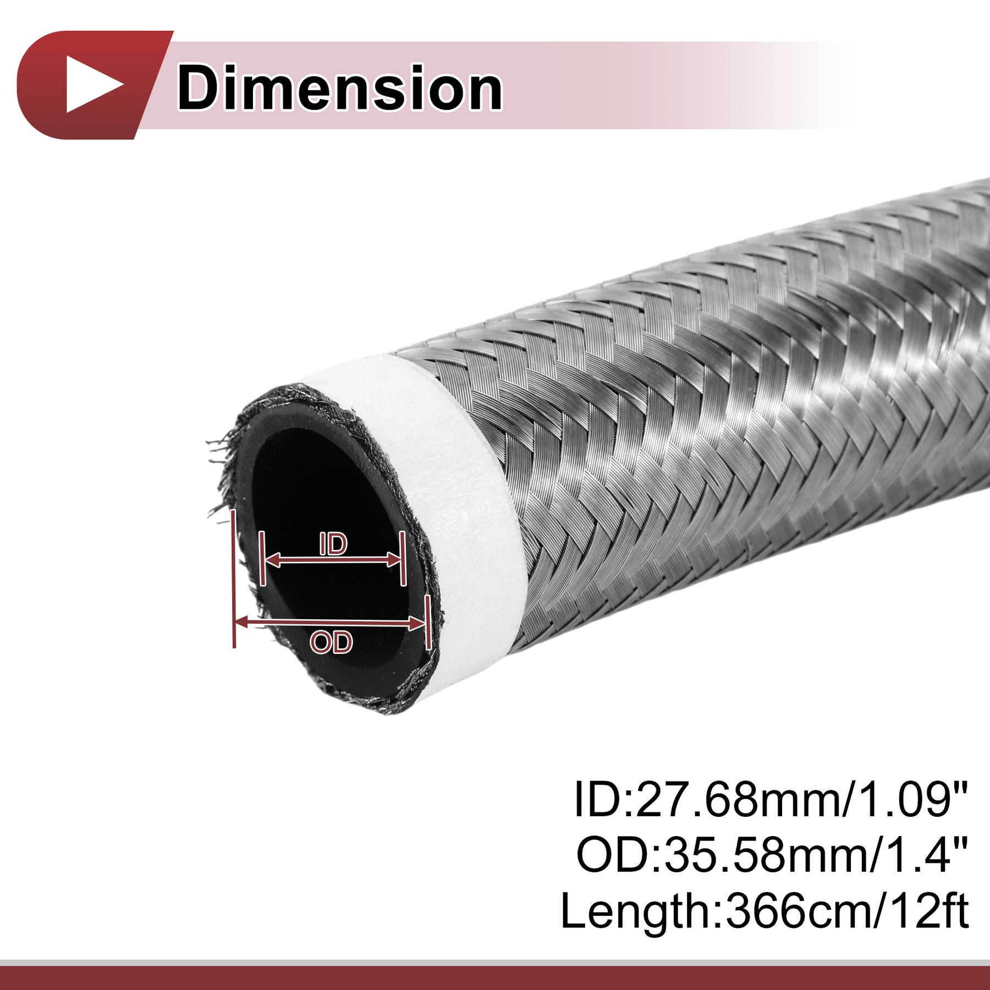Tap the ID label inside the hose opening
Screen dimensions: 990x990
click(x=333, y=544)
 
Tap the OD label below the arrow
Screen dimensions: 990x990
click(x=331, y=642)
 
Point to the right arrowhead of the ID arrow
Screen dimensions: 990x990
click(x=395, y=560)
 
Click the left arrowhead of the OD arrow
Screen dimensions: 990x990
click(x=243, y=622)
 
